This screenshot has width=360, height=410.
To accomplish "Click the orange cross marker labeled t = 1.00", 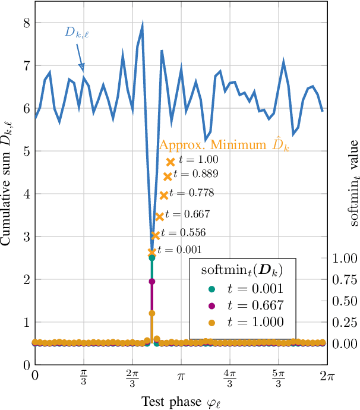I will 170,162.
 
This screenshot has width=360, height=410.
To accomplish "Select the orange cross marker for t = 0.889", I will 168,176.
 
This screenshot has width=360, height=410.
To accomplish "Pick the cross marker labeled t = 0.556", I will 156,235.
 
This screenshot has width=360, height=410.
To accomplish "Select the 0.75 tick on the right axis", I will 343,280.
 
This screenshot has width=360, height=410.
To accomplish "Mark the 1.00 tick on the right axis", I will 343,258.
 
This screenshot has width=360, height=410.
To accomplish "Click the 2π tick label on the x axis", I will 326,377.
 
